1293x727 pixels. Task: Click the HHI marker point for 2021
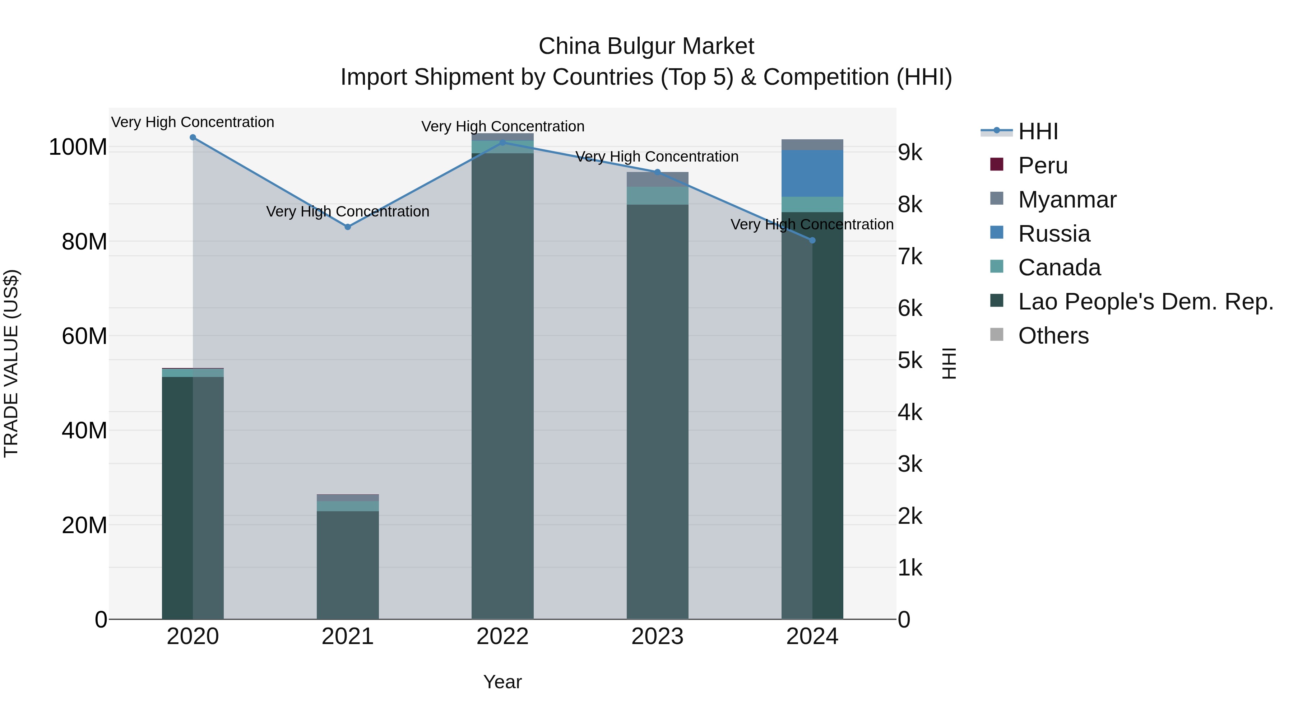(x=347, y=227)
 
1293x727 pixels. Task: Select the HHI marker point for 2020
(x=193, y=138)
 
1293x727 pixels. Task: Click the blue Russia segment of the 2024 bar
(x=812, y=174)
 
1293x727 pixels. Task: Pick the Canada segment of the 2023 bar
(x=658, y=196)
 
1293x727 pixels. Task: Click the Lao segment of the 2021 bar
(x=347, y=564)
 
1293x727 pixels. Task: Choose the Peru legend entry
(x=1043, y=166)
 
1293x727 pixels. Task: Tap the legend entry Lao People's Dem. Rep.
(x=1145, y=302)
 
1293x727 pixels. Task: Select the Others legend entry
(x=1053, y=336)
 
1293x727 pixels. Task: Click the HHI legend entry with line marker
(x=1038, y=131)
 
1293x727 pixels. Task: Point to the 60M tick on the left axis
(x=84, y=336)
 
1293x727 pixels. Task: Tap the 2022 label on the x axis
(x=502, y=637)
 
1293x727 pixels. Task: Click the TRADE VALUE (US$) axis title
(x=11, y=363)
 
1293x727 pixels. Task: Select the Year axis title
(x=502, y=682)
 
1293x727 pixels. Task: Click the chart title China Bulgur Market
(x=646, y=46)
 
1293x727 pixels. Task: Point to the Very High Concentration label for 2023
(x=657, y=157)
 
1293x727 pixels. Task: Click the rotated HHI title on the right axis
(x=949, y=363)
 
